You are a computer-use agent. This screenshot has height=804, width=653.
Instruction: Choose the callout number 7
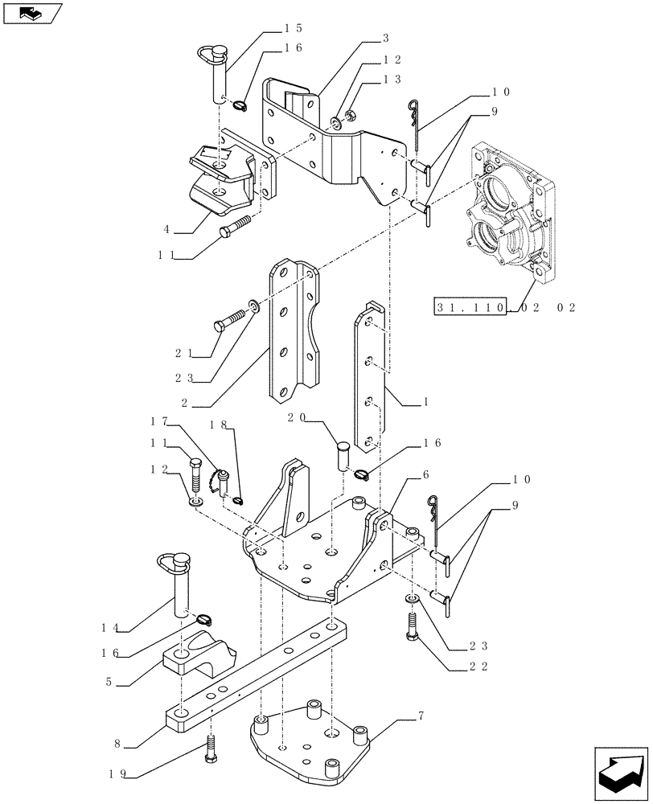point(419,715)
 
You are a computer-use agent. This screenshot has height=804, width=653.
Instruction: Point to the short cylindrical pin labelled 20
point(343,456)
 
